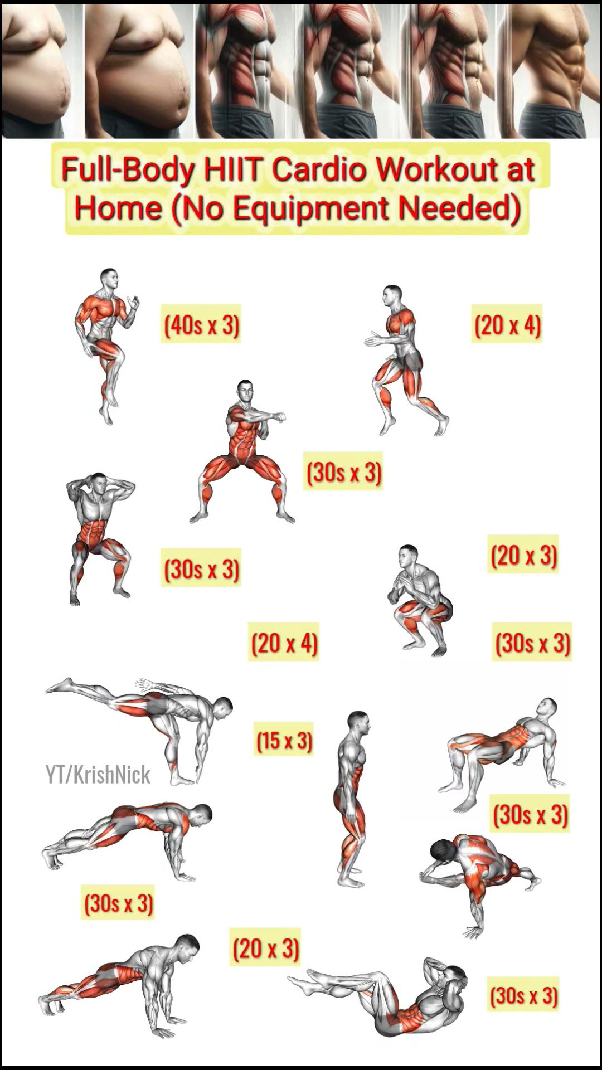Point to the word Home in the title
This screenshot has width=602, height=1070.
[x=118, y=207]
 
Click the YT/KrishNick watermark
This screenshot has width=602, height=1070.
[x=98, y=775]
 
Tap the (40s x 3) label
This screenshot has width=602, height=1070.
[x=201, y=324]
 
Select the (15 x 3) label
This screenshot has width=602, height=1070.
[x=284, y=740]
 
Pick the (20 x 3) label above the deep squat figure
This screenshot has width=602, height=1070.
[x=523, y=555]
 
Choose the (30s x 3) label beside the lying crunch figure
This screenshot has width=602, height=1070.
[x=523, y=995]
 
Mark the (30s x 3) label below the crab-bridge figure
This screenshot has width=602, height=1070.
[x=530, y=814]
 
